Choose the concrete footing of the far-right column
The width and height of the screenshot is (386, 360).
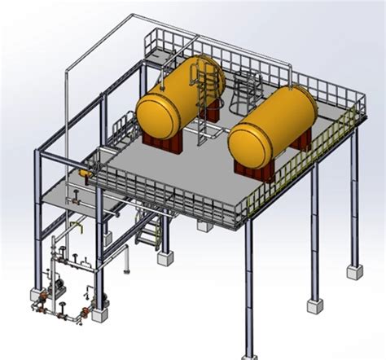coord(354,270)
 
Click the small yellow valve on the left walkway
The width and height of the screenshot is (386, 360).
coord(83,173)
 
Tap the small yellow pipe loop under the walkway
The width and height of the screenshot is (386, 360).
coord(77,225)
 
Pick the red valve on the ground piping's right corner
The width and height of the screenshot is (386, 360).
coord(84,313)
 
